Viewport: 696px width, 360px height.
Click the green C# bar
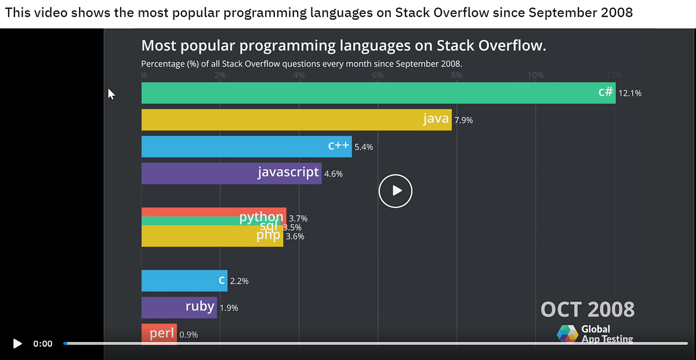pyautogui.click(x=377, y=93)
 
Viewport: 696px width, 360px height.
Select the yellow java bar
pyautogui.click(x=296, y=119)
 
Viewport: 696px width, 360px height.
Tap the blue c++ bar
pyautogui.click(x=246, y=147)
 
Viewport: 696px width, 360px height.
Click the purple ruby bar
pyautogui.click(x=179, y=307)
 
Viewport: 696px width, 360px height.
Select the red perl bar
pyautogui.click(x=159, y=334)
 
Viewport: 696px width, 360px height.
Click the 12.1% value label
pyautogui.click(x=630, y=93)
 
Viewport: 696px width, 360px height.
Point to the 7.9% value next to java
pyautogui.click(x=463, y=120)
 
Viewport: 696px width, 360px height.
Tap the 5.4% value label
pyautogui.click(x=363, y=147)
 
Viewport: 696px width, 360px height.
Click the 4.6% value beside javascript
pyautogui.click(x=333, y=174)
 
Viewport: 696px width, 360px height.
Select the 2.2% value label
pyautogui.click(x=239, y=281)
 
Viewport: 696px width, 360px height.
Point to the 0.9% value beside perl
pyautogui.click(x=188, y=334)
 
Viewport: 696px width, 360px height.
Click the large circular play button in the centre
pyautogui.click(x=396, y=190)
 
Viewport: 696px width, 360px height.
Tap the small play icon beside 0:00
pyautogui.click(x=17, y=343)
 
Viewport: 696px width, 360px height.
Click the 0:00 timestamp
pyautogui.click(x=42, y=343)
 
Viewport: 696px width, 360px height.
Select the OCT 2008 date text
pyautogui.click(x=587, y=309)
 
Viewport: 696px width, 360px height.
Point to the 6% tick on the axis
pyautogui.click(x=378, y=75)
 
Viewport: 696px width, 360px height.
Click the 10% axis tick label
pyautogui.click(x=535, y=75)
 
